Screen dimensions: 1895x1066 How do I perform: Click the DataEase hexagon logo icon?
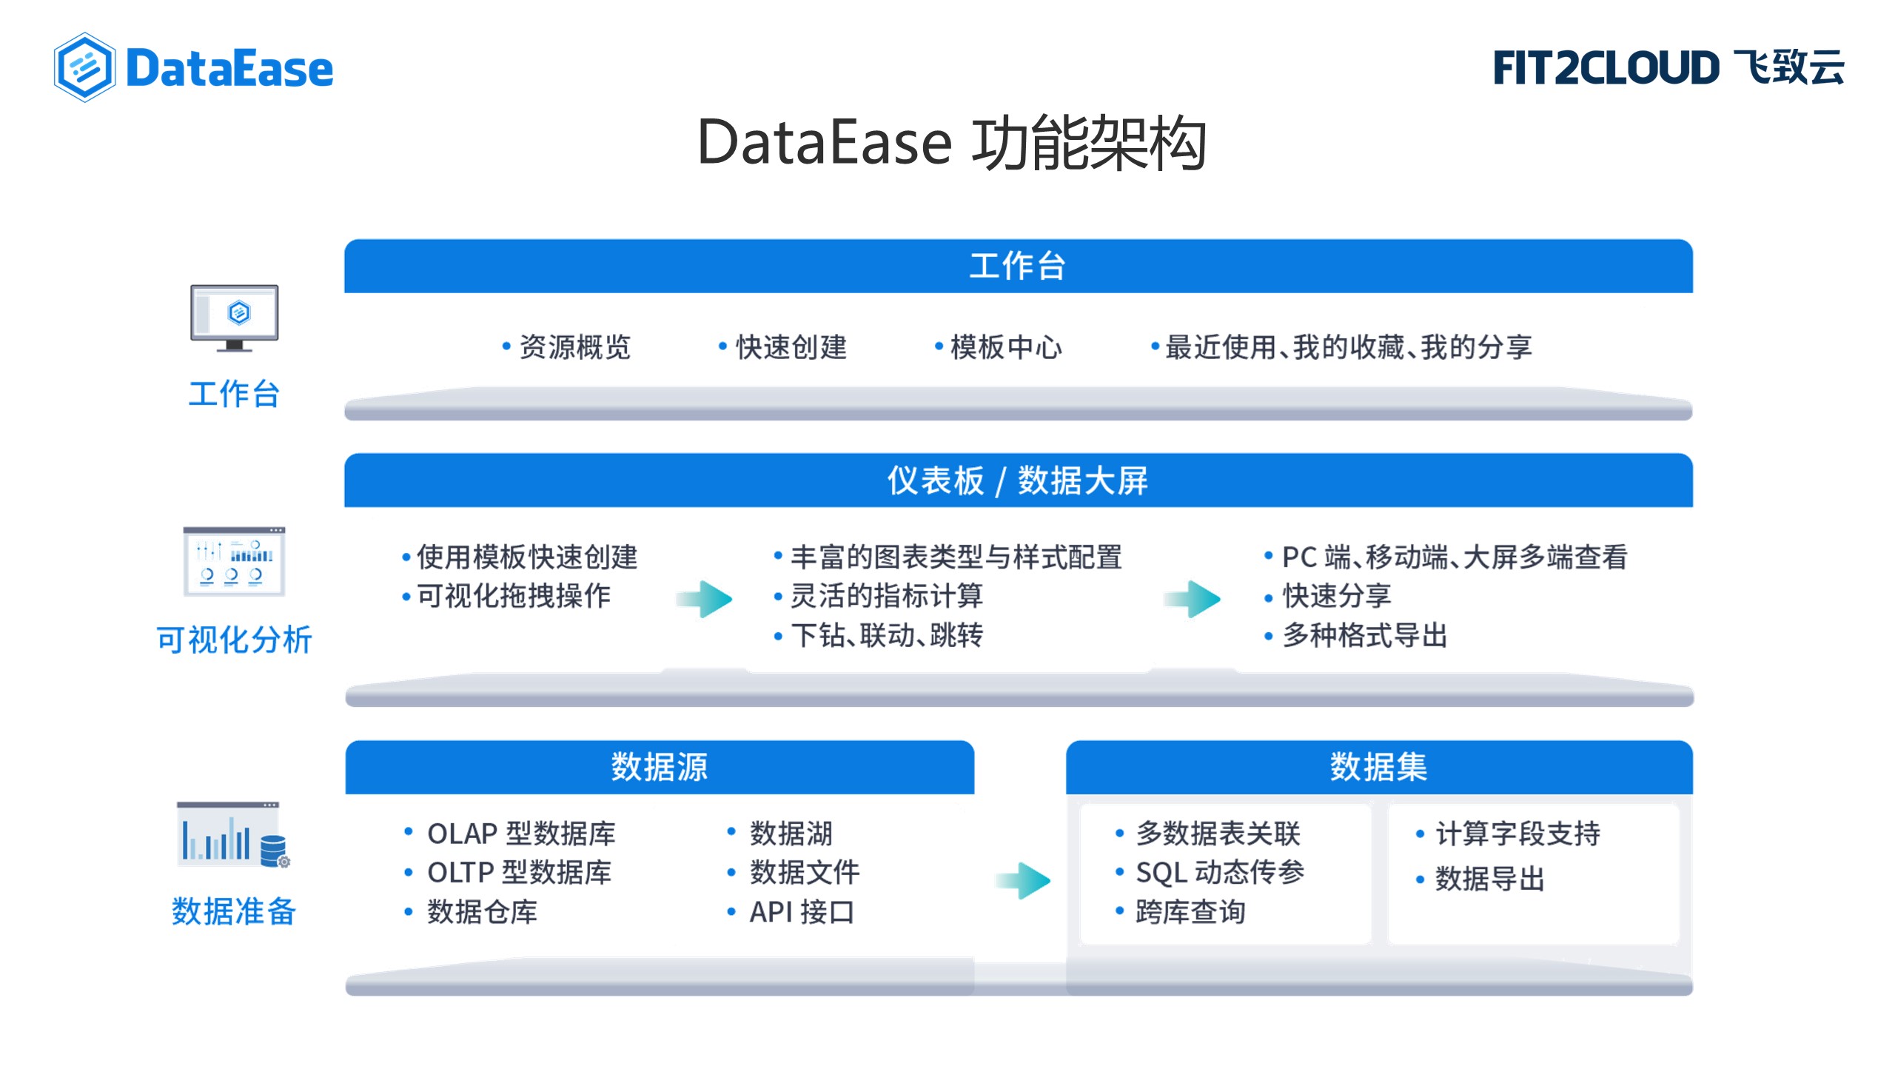84,67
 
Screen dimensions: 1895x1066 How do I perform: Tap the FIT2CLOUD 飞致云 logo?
1668,67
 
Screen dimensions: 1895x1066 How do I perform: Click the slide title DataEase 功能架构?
952,142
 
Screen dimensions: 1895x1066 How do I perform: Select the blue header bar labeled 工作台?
1019,266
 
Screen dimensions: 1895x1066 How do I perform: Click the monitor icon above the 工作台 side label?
234,318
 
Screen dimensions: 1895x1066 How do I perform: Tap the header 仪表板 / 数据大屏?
1019,480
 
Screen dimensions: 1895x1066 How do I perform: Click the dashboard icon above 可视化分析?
234,561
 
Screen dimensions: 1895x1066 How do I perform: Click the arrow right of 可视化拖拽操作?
704,598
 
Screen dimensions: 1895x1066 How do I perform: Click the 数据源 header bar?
660,767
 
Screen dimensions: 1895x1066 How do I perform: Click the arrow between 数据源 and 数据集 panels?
1023,880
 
